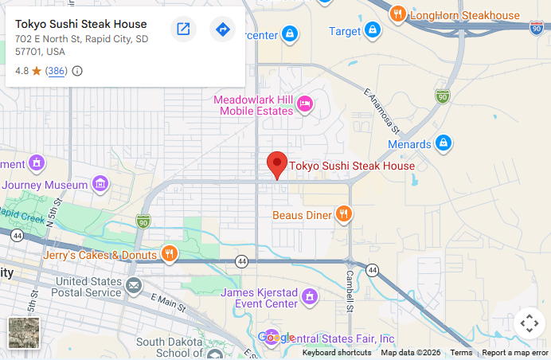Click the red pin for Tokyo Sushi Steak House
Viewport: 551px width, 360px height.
[277, 164]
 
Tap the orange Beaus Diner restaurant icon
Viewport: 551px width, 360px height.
[344, 213]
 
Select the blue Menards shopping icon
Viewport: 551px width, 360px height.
[444, 143]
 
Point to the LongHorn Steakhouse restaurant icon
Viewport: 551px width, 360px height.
[397, 14]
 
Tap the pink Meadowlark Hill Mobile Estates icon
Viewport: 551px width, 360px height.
[304, 104]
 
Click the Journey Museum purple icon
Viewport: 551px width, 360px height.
[100, 184]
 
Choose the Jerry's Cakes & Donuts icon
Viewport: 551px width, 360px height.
[169, 255]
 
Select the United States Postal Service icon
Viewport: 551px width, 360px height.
[133, 285]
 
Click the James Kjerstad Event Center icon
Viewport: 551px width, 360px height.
[310, 297]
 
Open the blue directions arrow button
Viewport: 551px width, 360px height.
[222, 29]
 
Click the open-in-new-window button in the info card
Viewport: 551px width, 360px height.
[183, 29]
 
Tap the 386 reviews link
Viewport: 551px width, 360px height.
[56, 71]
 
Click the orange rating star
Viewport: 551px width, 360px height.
[36, 71]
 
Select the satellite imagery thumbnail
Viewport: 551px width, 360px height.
[24, 333]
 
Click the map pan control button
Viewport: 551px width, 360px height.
[529, 323]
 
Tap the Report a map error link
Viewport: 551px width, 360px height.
[514, 353]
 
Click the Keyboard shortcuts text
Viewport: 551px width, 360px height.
[336, 353]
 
